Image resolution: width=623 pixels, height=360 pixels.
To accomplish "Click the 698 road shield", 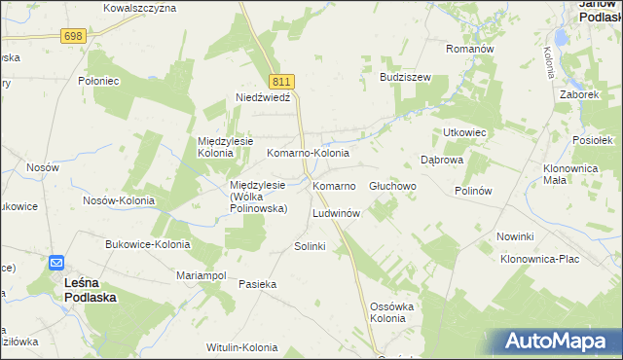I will (x=73, y=36).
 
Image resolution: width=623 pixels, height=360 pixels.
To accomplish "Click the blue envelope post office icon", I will (x=56, y=263).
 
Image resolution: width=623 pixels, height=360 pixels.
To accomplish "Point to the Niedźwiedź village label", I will (x=264, y=97).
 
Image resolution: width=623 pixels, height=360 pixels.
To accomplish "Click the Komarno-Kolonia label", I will (x=308, y=154).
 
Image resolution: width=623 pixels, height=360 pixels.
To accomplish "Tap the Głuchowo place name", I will (x=393, y=185).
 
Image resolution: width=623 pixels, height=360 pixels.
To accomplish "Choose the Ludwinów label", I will (x=337, y=212).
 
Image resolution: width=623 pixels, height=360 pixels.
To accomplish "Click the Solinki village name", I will (x=310, y=246).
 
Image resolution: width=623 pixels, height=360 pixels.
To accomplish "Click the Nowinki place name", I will (x=515, y=236).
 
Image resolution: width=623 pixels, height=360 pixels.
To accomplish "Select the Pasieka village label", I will (x=259, y=284).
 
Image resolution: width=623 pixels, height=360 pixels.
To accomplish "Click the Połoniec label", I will (x=98, y=82).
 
